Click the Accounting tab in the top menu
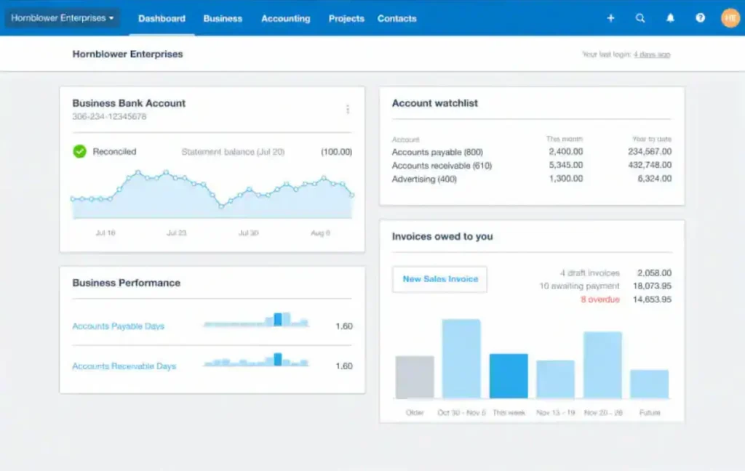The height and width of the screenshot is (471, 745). pyautogui.click(x=285, y=18)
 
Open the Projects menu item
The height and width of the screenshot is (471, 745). pyautogui.click(x=346, y=18)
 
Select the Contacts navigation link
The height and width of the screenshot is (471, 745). pyautogui.click(x=397, y=18)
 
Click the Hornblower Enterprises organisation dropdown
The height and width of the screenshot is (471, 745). pyautogui.click(x=63, y=18)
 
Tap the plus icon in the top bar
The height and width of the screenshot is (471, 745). pyautogui.click(x=610, y=18)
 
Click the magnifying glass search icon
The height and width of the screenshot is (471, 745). pyautogui.click(x=640, y=18)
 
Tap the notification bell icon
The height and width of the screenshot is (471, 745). pyautogui.click(x=670, y=18)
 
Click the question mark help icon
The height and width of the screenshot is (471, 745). pyautogui.click(x=700, y=18)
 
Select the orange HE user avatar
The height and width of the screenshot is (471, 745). pyautogui.click(x=730, y=18)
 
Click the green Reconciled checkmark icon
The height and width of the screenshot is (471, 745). pyautogui.click(x=79, y=151)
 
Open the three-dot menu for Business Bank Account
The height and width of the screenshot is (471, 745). pyautogui.click(x=348, y=109)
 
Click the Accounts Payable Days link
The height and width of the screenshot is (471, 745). pyautogui.click(x=118, y=326)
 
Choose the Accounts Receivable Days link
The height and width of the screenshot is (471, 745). pyautogui.click(x=124, y=366)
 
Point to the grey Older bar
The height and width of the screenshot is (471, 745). pyautogui.click(x=415, y=377)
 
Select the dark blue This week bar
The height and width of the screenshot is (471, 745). pyautogui.click(x=509, y=376)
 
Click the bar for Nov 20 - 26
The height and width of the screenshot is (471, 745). pyautogui.click(x=602, y=365)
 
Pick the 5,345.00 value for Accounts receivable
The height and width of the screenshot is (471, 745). pyautogui.click(x=565, y=166)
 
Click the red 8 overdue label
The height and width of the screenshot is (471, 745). pyautogui.click(x=599, y=299)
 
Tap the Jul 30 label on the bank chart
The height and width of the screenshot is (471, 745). pyautogui.click(x=248, y=233)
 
